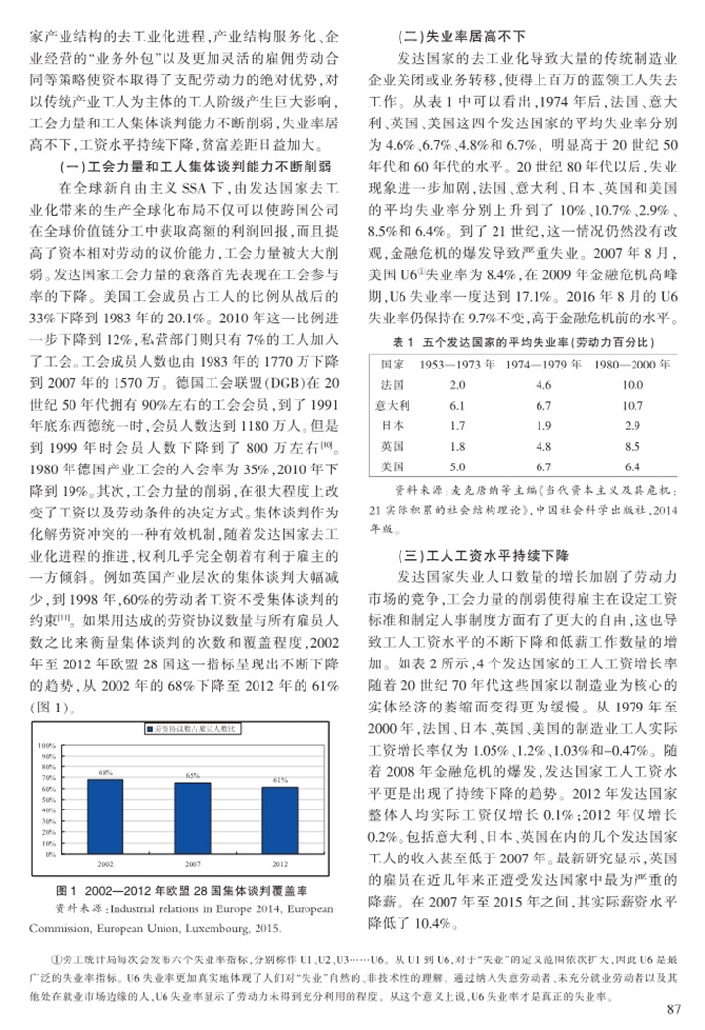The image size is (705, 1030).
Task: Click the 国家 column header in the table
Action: pos(394,363)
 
